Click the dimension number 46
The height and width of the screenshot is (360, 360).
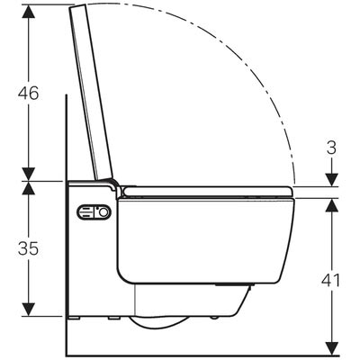tap(29, 93)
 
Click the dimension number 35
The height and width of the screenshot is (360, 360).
tap(29, 248)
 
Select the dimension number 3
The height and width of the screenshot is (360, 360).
tap(331, 148)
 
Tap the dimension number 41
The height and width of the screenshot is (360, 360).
tap(331, 281)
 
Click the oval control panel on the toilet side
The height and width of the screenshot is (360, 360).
tap(94, 212)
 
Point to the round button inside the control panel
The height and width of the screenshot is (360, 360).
tap(103, 212)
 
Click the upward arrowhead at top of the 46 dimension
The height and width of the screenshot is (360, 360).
tap(29, 12)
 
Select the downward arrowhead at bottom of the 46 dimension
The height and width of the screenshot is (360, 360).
tap(29, 174)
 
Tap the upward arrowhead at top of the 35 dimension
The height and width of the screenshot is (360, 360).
tap(29, 188)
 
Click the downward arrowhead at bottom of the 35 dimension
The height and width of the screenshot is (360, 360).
tap(29, 309)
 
